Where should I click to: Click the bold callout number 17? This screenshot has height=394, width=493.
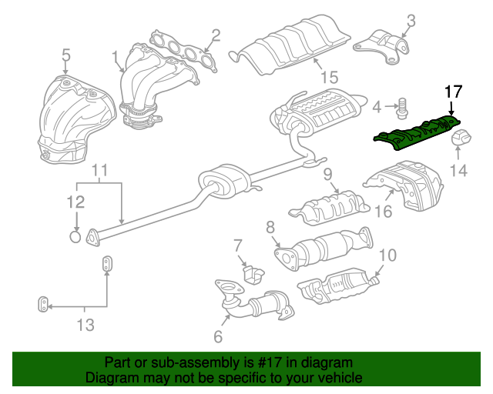click(x=454, y=92)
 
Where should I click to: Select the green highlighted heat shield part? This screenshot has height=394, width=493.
click(x=417, y=133)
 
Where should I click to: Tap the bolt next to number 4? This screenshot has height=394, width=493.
click(x=401, y=109)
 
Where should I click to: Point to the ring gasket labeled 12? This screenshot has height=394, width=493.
click(x=75, y=236)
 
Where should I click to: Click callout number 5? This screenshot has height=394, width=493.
click(x=65, y=55)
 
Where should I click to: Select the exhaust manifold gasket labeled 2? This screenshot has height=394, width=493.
click(x=183, y=52)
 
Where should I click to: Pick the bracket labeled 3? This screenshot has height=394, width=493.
click(x=381, y=47)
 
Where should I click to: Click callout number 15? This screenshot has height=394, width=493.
click(x=330, y=77)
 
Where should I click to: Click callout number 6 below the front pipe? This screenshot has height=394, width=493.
click(x=218, y=336)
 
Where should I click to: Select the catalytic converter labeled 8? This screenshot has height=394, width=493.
click(x=324, y=249)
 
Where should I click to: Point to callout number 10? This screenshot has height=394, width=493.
click(x=388, y=255)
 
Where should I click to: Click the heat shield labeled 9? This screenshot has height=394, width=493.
click(x=329, y=207)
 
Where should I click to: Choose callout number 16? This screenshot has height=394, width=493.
click(x=384, y=211)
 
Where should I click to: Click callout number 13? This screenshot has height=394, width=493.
click(x=86, y=325)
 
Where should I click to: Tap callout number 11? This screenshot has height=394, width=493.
click(x=99, y=170)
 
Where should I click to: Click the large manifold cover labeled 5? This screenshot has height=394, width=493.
click(x=76, y=119)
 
